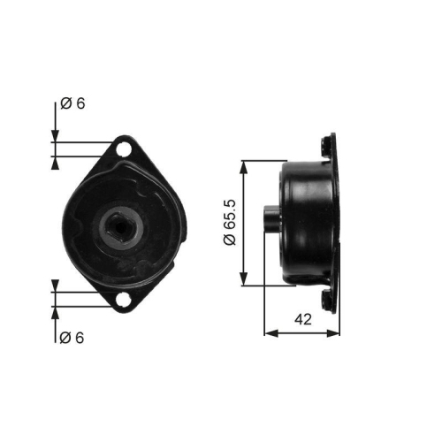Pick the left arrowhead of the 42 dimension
tap(271, 333)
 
